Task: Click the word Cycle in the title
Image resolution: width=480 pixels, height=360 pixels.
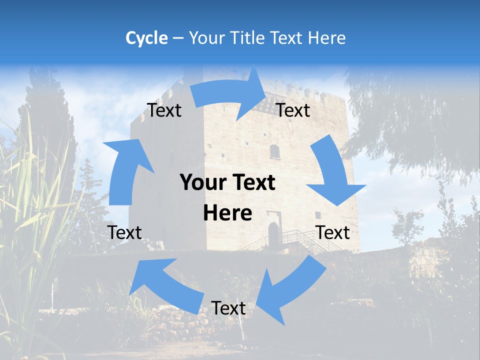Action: [146, 37]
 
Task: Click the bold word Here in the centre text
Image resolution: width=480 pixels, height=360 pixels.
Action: [227, 213]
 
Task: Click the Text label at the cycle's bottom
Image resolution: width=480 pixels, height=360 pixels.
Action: [228, 308]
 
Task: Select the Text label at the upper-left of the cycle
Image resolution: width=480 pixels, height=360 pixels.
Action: [164, 110]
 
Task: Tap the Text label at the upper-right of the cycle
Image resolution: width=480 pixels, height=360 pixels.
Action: [293, 110]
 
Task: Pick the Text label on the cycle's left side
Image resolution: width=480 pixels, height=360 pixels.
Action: [125, 232]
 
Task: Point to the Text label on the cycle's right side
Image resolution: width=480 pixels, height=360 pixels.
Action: [333, 232]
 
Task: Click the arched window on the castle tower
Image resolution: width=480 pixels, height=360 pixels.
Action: [274, 151]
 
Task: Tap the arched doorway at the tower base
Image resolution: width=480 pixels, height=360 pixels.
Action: [273, 235]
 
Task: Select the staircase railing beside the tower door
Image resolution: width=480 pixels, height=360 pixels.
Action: [300, 237]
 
